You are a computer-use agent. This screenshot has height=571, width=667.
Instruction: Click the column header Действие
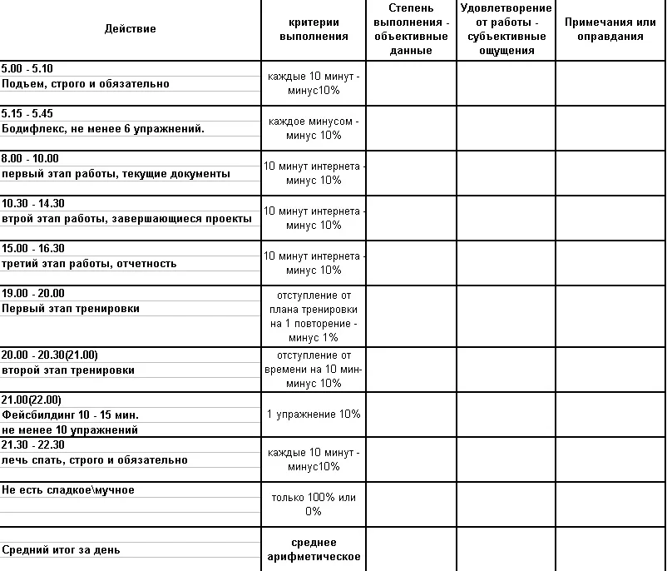point(130,29)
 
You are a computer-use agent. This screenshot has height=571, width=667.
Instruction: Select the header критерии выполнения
point(313,29)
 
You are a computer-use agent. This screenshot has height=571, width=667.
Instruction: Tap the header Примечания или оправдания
point(610,29)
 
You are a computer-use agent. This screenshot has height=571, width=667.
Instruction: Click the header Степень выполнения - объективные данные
point(411,29)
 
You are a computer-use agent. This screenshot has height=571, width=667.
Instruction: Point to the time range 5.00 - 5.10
point(27,69)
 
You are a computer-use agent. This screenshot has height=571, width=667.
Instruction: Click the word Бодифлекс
point(29,129)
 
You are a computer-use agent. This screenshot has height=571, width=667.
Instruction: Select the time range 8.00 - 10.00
point(30,159)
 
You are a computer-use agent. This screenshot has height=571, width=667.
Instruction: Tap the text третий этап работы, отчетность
point(89,264)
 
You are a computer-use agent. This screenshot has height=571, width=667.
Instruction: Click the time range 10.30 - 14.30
point(33,204)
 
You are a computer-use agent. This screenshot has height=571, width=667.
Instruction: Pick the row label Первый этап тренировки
point(71,309)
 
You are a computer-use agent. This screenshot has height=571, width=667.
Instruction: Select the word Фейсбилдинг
point(37,415)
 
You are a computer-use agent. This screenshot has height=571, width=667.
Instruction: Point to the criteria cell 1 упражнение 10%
point(313,414)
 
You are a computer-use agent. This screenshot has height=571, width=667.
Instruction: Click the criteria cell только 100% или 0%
point(313,504)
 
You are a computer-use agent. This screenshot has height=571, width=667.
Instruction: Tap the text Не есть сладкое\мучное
point(68,490)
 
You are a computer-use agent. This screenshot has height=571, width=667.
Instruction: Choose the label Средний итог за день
point(61,550)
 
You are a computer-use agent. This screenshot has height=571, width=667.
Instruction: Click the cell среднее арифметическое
point(313,549)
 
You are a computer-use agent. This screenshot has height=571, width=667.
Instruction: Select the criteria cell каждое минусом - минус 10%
point(313,128)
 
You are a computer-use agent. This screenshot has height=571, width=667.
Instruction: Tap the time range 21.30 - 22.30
point(33,444)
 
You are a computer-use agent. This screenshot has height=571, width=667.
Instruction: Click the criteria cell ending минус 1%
point(313,316)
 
